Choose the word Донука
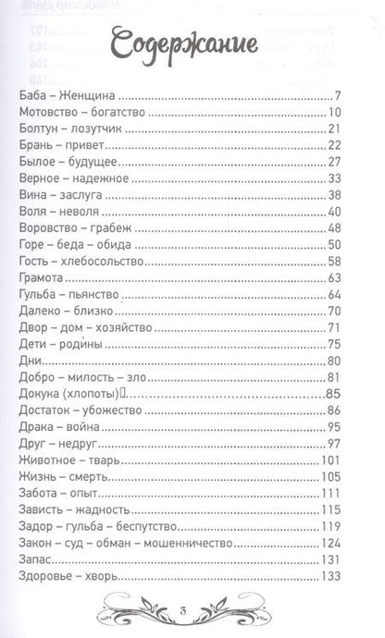point(40,393)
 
